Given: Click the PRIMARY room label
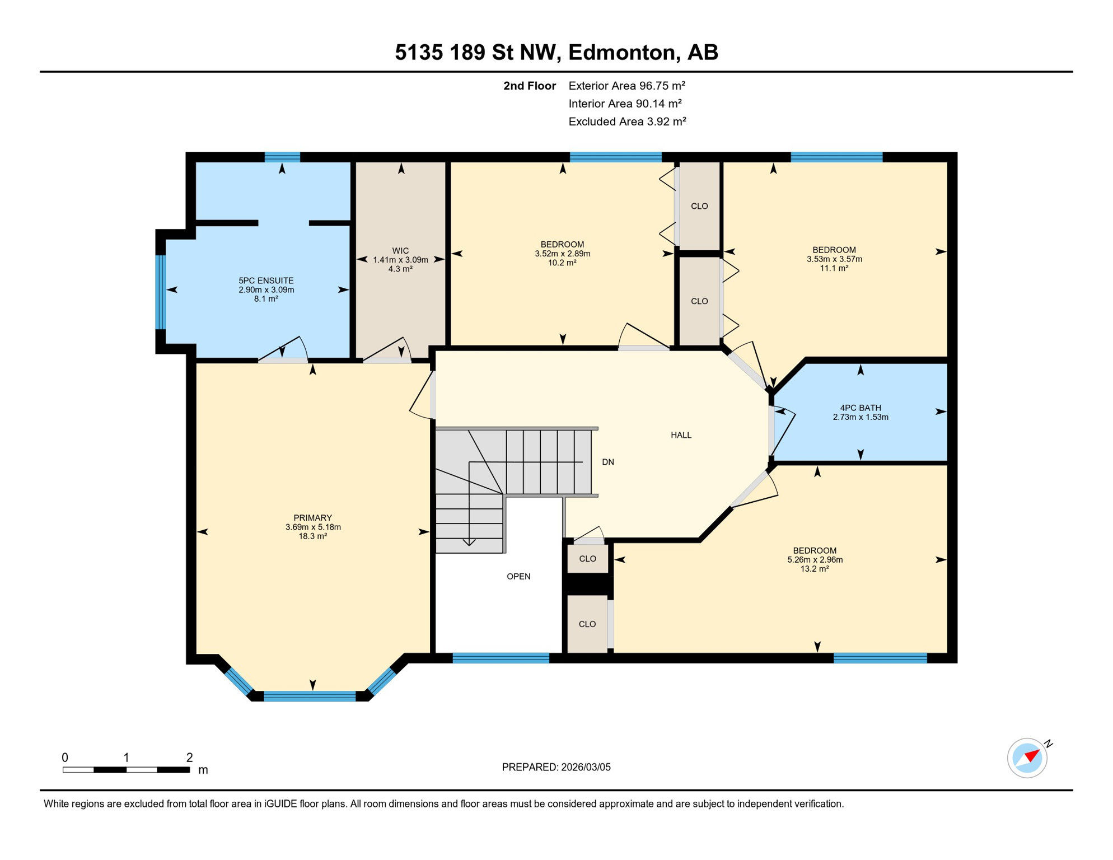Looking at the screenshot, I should [x=312, y=518].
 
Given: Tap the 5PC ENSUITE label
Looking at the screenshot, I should [x=266, y=281].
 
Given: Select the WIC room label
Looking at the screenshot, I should [x=400, y=251].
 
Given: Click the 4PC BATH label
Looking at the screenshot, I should [x=861, y=408].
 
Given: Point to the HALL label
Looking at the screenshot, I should [x=681, y=435].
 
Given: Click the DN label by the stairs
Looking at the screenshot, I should [x=608, y=462].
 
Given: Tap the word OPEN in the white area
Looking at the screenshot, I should [x=518, y=577].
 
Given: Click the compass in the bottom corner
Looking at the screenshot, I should [x=1027, y=758].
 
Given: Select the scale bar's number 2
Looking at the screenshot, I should [x=189, y=758].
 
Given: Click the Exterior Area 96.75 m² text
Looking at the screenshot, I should [x=626, y=86].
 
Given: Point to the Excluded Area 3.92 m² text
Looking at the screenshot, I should [x=627, y=121].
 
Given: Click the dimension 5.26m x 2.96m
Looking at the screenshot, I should [x=815, y=560].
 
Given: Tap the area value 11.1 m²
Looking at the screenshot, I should [x=834, y=268].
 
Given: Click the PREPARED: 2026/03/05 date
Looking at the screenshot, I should [x=556, y=768].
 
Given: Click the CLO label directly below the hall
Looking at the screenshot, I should [x=587, y=559].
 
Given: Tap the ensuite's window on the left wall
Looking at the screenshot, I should [x=161, y=292].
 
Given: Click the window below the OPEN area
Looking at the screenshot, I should [x=501, y=658].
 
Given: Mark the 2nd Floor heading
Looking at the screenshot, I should [x=529, y=86].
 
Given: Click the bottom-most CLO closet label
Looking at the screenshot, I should [x=587, y=624].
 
